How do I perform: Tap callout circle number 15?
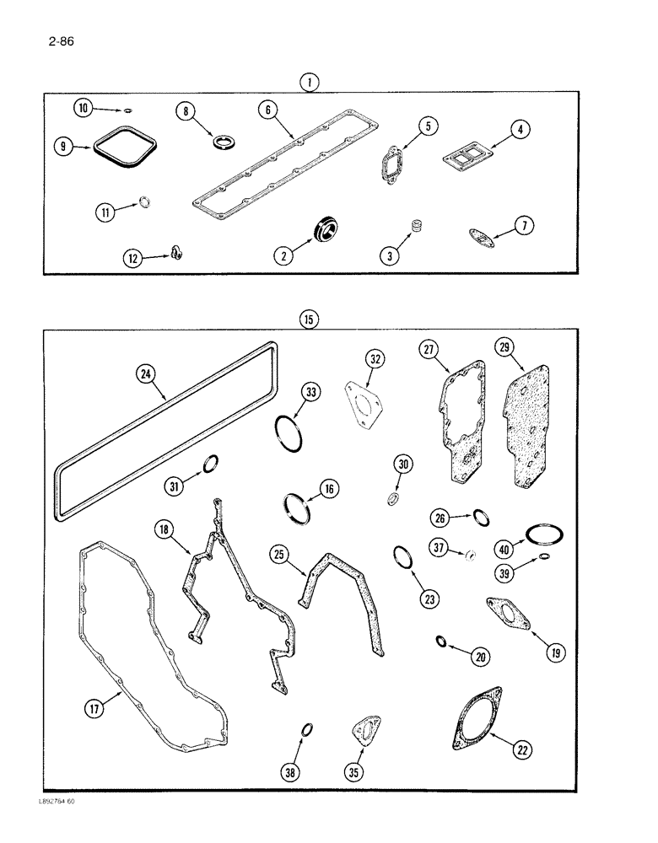310,320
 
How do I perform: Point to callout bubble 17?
94,709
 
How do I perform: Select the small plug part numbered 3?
416,226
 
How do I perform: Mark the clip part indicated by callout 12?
177,250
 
